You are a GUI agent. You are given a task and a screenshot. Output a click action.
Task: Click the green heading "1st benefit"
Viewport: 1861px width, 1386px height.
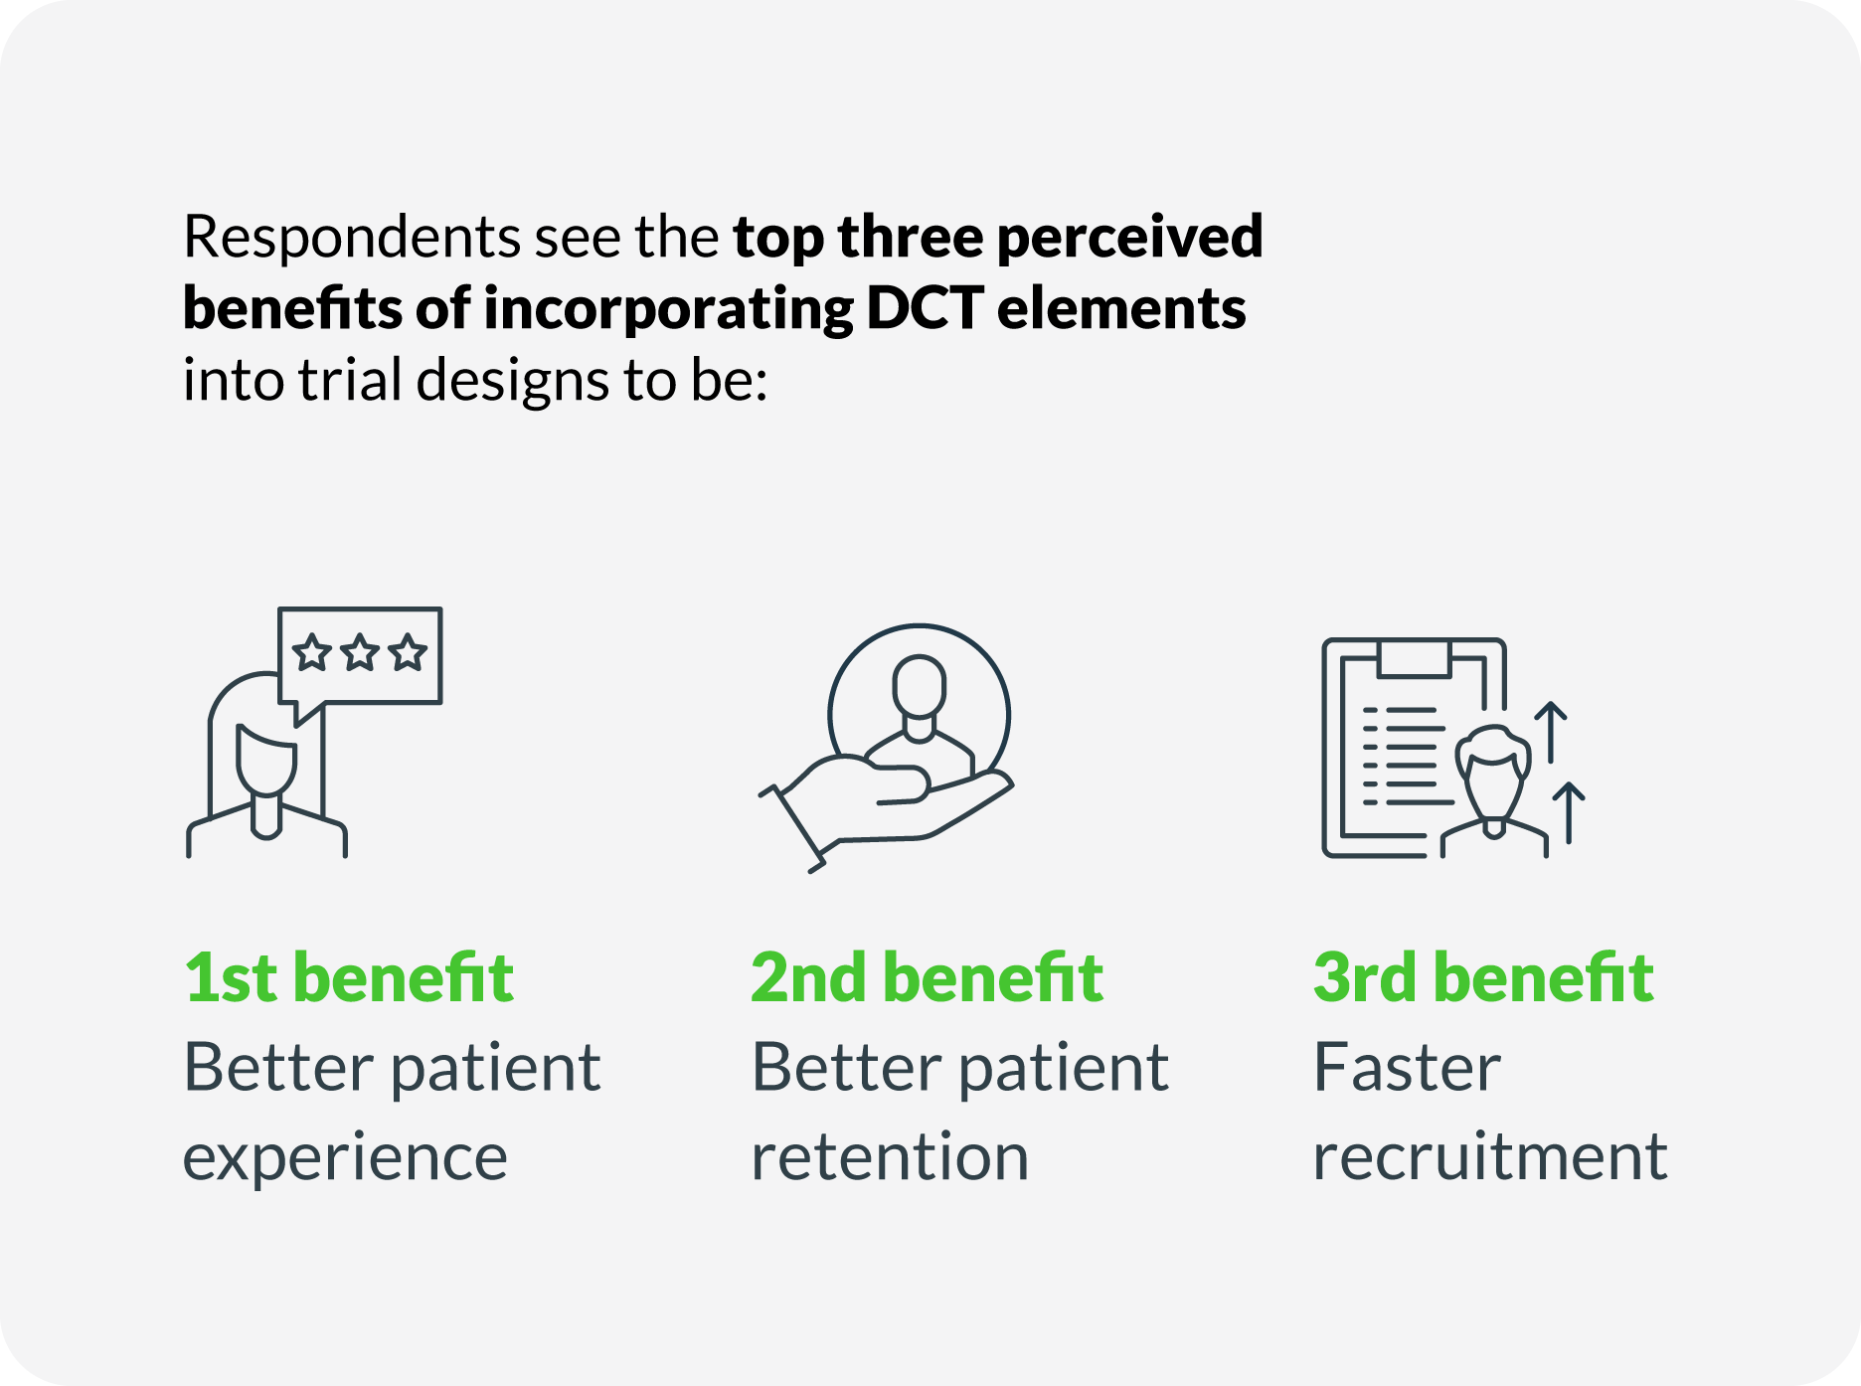[349, 977]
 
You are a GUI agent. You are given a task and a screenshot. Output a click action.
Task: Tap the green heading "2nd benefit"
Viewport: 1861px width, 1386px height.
[927, 977]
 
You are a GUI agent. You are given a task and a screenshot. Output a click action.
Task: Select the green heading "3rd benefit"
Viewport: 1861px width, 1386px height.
[1483, 977]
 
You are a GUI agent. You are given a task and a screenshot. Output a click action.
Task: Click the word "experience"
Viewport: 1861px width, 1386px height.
[345, 1158]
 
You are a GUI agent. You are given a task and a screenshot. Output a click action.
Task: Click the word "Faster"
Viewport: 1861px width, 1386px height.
[1407, 1068]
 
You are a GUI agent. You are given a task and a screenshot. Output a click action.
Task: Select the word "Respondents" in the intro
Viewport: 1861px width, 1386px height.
[352, 240]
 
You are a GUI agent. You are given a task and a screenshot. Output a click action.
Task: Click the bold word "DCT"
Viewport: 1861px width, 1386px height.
[925, 308]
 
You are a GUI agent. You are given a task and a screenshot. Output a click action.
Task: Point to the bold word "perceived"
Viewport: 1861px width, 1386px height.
[1129, 240]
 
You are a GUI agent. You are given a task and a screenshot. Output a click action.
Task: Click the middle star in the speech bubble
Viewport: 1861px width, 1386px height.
[360, 653]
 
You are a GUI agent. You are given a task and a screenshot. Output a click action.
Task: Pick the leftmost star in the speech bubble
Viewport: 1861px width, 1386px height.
[312, 653]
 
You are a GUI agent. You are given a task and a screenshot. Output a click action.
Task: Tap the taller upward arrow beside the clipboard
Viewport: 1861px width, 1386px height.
[1551, 732]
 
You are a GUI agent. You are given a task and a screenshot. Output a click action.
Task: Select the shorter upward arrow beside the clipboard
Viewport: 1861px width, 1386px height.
[1569, 813]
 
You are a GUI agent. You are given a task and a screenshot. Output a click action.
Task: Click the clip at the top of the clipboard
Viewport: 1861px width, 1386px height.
[1415, 657]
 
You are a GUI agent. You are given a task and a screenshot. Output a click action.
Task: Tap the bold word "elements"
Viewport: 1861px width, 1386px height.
[1121, 308]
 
